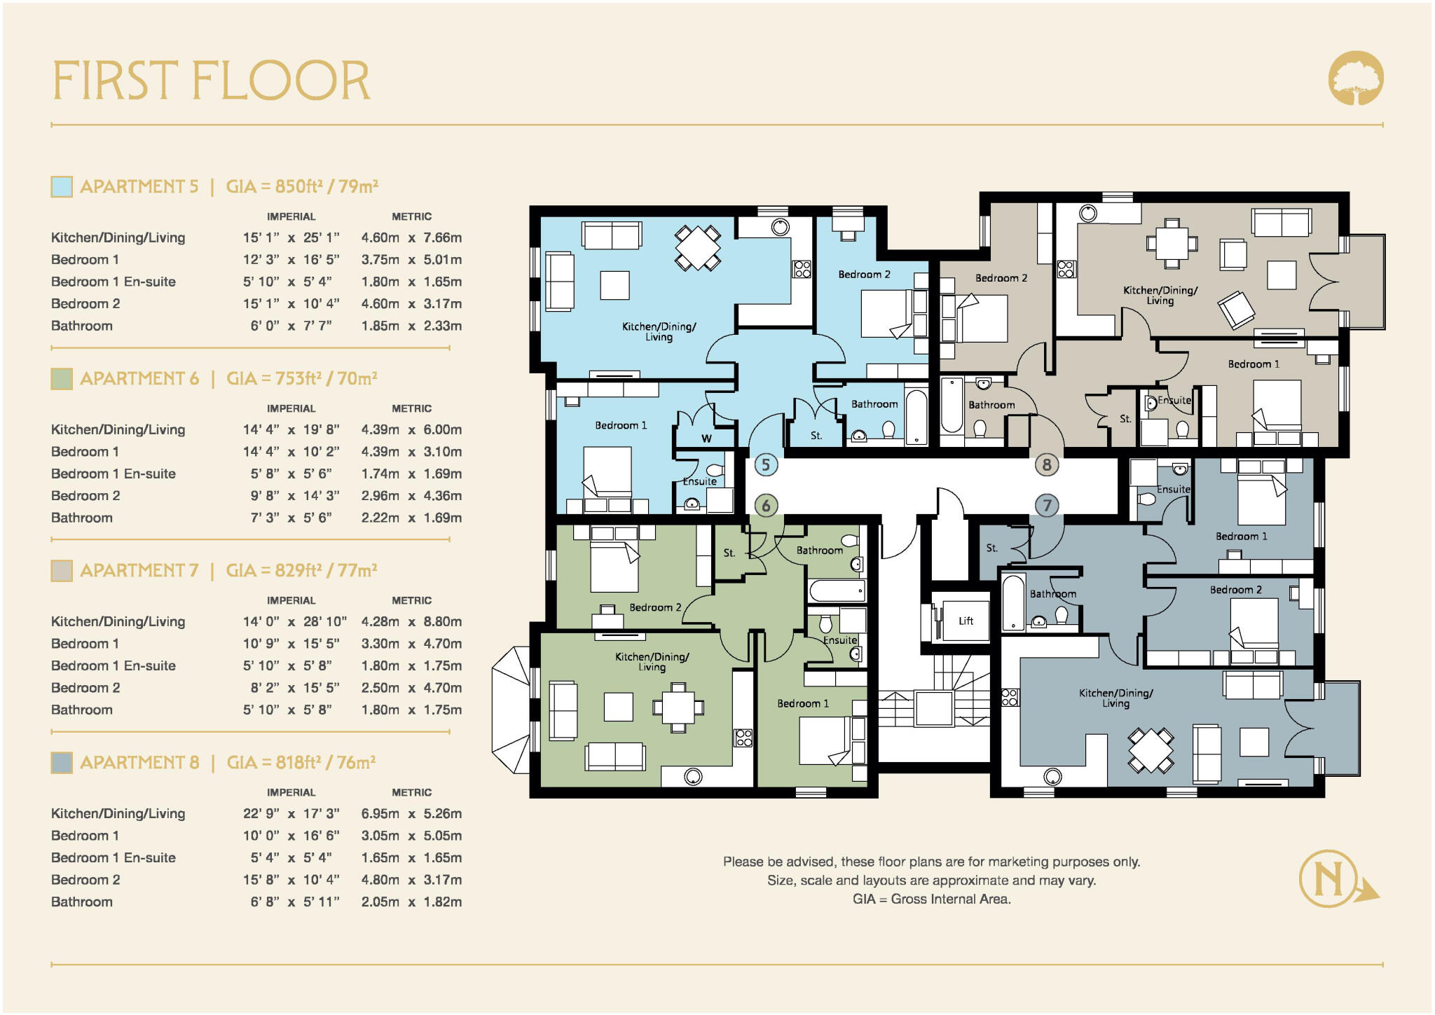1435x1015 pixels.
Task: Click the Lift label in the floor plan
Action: (x=966, y=621)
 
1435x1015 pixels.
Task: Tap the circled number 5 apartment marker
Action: (x=766, y=464)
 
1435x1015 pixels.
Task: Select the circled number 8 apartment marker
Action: (x=1047, y=464)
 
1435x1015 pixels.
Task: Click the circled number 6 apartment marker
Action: (x=766, y=506)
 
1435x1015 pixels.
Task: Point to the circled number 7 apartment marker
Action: (x=1047, y=506)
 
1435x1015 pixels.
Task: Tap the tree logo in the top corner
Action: (x=1356, y=78)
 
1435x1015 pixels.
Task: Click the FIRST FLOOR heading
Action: (x=211, y=81)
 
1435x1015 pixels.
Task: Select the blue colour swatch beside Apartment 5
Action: (x=62, y=186)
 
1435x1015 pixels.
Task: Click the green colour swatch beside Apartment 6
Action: (x=62, y=378)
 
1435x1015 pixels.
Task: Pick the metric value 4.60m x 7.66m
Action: (x=411, y=237)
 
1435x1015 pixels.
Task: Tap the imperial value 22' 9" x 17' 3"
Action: (x=291, y=813)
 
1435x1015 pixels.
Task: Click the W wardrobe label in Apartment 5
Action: (x=706, y=439)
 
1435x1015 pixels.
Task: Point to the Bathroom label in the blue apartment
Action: (x=874, y=404)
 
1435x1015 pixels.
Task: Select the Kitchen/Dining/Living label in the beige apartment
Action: (x=1160, y=295)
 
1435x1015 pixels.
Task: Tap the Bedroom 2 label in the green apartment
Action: (x=654, y=607)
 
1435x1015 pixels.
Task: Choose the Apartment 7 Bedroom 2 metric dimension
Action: (x=411, y=688)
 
